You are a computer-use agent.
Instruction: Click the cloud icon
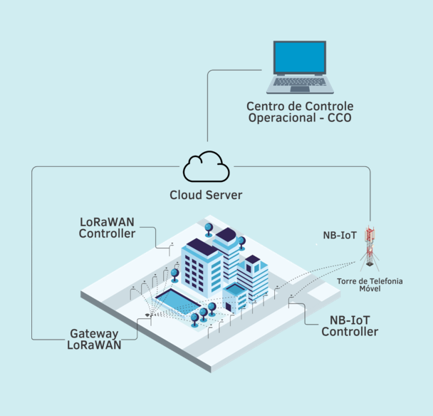pyautogui.click(x=207, y=168)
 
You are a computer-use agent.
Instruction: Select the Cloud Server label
pyautogui.click(x=206, y=195)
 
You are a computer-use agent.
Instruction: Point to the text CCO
pyautogui.click(x=339, y=118)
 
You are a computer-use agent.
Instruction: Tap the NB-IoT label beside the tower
pyautogui.click(x=340, y=233)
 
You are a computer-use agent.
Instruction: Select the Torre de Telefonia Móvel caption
pyautogui.click(x=370, y=285)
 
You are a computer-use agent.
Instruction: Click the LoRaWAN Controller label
pyautogui.click(x=107, y=227)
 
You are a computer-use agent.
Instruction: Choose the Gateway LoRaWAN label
pyautogui.click(x=95, y=339)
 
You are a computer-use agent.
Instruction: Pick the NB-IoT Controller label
pyautogui.click(x=350, y=326)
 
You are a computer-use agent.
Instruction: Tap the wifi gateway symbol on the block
pyautogui.click(x=148, y=314)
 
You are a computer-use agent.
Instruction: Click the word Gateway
pyautogui.click(x=94, y=333)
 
